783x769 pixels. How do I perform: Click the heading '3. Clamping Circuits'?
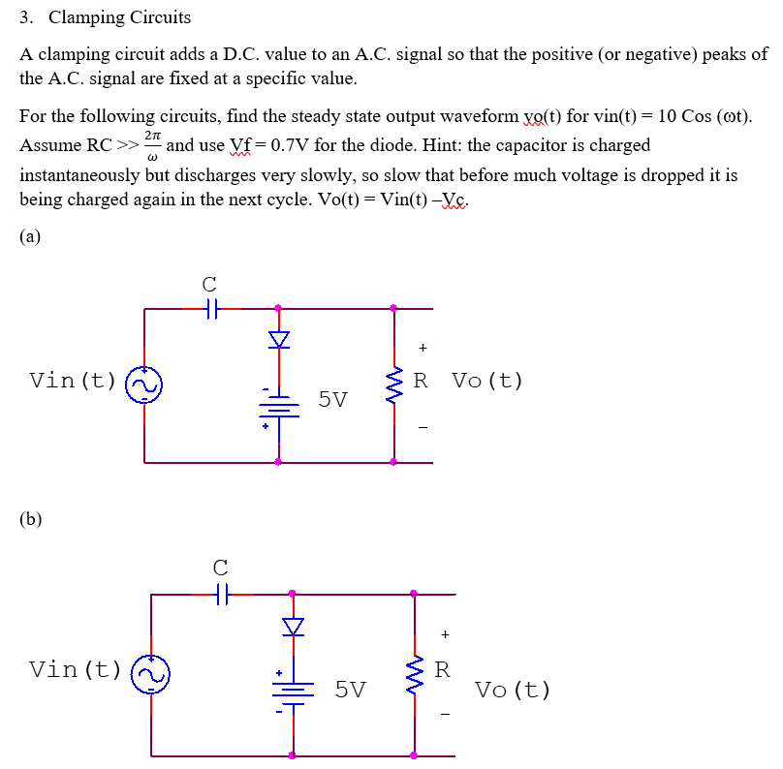pyautogui.click(x=106, y=17)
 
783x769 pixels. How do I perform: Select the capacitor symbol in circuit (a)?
pyautogui.click(x=209, y=309)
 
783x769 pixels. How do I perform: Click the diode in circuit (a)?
pyautogui.click(x=279, y=339)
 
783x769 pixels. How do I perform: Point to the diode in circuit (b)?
pyautogui.click(x=292, y=627)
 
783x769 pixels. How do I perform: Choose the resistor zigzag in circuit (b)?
pyautogui.click(x=414, y=671)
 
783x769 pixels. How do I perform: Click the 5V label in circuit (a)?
pyautogui.click(x=332, y=399)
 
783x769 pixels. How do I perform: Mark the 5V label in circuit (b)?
pyautogui.click(x=350, y=689)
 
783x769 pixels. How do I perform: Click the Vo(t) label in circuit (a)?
pyautogui.click(x=487, y=380)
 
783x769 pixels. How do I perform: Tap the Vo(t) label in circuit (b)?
pyautogui.click(x=513, y=691)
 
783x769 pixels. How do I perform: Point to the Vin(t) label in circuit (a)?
pyautogui.click(x=73, y=380)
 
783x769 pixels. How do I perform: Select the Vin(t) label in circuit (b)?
pyautogui.click(x=76, y=668)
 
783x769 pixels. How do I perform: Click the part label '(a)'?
pyautogui.click(x=30, y=236)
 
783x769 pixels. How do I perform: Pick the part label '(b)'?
pyautogui.click(x=31, y=519)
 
